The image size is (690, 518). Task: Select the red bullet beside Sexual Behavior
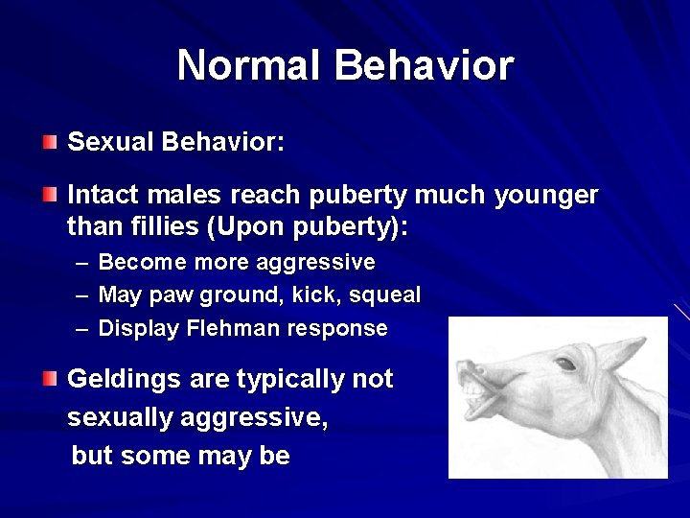49,143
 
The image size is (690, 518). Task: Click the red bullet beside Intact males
49,196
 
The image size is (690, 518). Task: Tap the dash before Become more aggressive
79,263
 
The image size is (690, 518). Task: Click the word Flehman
228,328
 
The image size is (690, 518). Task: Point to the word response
339,329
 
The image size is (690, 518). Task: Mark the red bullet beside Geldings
49,379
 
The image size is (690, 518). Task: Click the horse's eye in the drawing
566,365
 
